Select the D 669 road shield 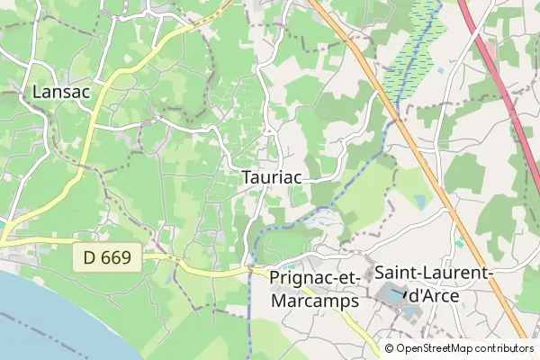point(107,258)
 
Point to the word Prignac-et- point(315,279)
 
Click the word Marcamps point(315,301)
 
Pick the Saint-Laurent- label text point(433,272)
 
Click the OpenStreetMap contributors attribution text point(464,348)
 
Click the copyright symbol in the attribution point(389,348)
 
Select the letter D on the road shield point(90,258)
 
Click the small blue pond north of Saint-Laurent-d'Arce point(461,242)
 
